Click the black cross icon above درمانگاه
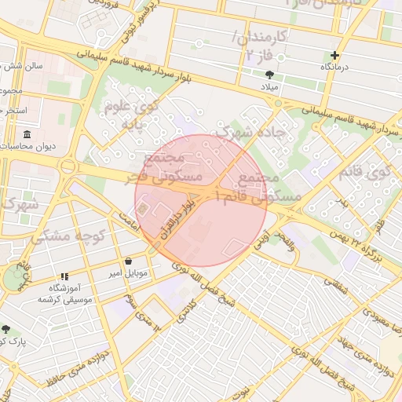pos(335,55)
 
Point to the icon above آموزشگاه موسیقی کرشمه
pos(64,276)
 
